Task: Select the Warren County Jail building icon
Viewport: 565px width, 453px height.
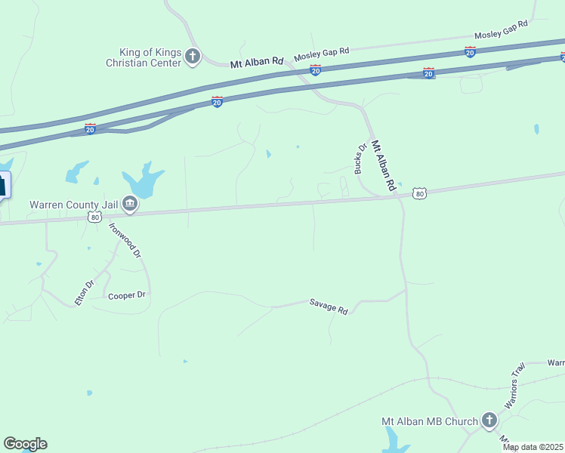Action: tap(130, 203)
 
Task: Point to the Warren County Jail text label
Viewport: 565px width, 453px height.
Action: tap(73, 204)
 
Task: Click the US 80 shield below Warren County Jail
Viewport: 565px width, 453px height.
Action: tap(94, 217)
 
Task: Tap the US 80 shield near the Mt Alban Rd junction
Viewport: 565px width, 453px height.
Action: tap(420, 194)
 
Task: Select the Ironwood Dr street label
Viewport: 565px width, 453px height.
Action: tap(125, 240)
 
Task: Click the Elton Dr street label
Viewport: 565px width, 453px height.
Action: tap(84, 293)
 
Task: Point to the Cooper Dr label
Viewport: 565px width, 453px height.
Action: tap(126, 295)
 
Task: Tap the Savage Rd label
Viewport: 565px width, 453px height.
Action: tap(328, 306)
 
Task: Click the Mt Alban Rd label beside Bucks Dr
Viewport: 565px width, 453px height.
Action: tap(384, 167)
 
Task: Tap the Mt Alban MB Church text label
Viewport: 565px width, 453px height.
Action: tap(430, 421)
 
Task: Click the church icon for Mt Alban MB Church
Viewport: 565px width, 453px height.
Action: tap(489, 421)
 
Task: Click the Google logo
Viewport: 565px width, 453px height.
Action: tap(25, 444)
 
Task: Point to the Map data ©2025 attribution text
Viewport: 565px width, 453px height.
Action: tap(533, 447)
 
